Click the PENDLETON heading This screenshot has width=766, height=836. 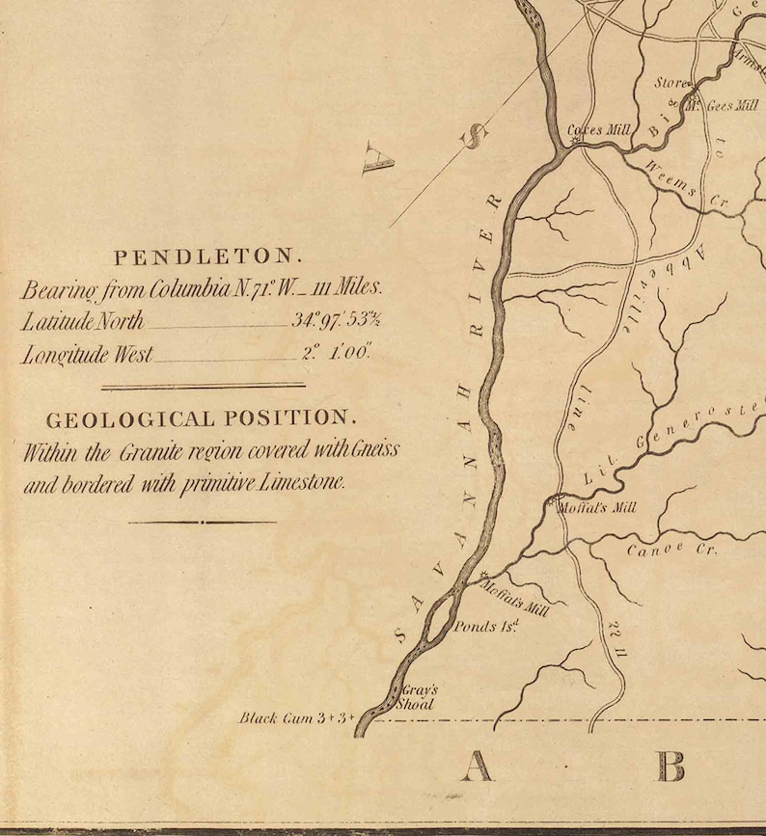tap(207, 257)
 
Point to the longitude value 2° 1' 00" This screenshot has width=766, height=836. tap(336, 353)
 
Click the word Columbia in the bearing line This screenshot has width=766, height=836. tap(204, 288)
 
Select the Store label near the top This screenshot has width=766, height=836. tap(671, 83)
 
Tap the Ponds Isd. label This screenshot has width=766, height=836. tap(487, 627)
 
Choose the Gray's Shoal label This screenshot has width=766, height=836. tap(419, 696)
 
